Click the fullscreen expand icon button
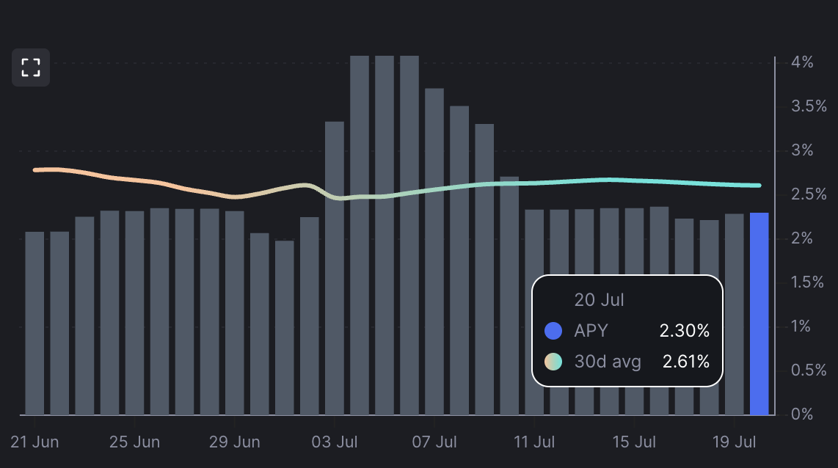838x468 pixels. (31, 67)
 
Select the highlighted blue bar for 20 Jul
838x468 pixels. (759, 314)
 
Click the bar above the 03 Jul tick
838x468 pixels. (335, 268)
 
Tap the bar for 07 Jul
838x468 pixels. (434, 252)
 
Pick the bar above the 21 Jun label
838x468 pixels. (34, 323)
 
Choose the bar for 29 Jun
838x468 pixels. (235, 313)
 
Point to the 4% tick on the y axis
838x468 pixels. (803, 62)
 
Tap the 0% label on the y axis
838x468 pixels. (803, 414)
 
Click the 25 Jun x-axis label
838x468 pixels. (134, 442)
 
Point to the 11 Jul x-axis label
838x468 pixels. (533, 442)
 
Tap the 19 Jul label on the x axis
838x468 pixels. (734, 442)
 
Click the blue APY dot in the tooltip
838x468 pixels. (553, 331)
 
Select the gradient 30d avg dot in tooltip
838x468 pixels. (553, 361)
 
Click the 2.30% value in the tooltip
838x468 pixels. (685, 331)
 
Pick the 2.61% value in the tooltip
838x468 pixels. (686, 361)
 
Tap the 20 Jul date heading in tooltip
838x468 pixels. (599, 300)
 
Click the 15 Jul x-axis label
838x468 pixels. (634, 442)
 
